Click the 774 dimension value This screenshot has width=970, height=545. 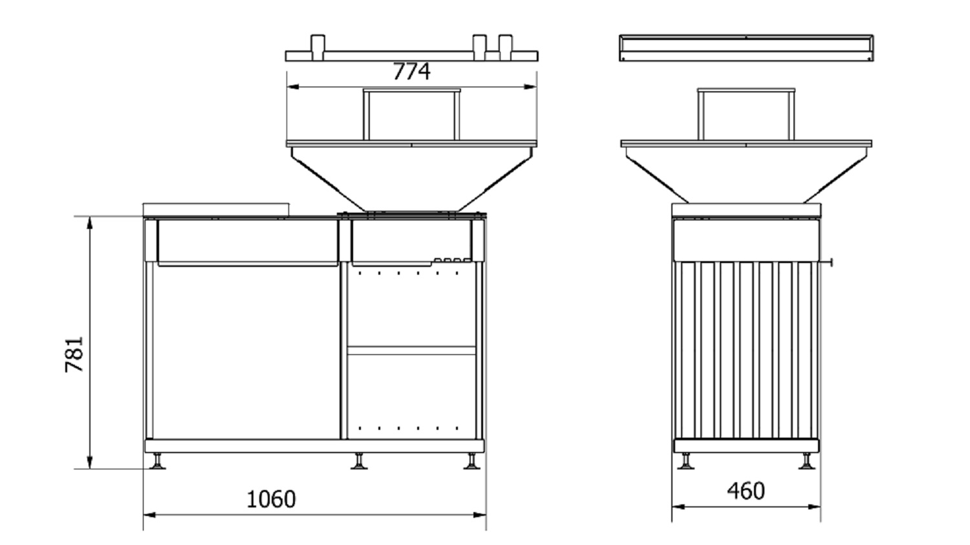[411, 71]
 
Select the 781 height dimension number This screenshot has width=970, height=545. [74, 354]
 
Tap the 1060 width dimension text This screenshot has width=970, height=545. [271, 499]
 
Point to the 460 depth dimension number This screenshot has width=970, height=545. [746, 491]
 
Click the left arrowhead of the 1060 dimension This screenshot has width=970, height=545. [149, 515]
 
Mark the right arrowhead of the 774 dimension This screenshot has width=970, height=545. [530, 87]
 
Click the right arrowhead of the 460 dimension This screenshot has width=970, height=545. [814, 506]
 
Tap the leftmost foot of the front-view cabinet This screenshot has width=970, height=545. [157, 461]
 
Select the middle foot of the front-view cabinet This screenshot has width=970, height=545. [359, 461]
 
